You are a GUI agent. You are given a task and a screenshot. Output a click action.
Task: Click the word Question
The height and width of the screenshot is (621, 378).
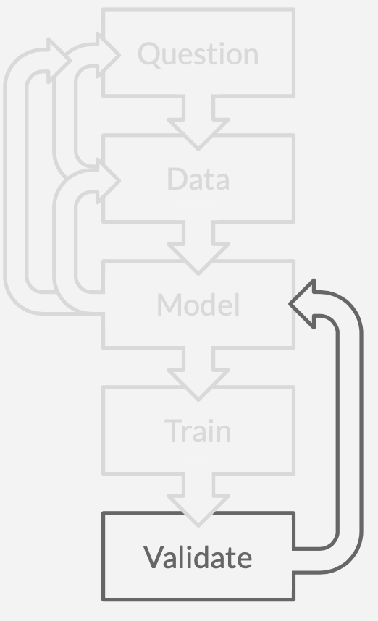[x=198, y=54]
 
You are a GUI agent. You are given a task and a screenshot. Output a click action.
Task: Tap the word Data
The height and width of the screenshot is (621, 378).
[x=198, y=179]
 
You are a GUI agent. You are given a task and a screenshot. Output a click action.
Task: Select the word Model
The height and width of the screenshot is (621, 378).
[x=198, y=305]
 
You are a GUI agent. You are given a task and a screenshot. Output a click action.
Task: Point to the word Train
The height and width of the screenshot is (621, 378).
[x=198, y=430]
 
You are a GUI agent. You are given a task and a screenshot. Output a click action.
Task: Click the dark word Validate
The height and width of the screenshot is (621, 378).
[x=198, y=557]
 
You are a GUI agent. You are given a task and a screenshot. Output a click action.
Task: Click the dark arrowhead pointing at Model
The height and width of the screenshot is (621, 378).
[x=303, y=304]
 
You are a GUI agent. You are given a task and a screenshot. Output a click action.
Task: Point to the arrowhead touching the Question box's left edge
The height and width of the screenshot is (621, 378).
[x=107, y=55]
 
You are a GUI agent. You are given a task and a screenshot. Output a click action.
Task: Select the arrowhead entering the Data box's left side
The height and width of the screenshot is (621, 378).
[x=107, y=180]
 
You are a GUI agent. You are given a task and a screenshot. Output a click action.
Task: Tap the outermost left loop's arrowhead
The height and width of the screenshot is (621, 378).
[x=59, y=60]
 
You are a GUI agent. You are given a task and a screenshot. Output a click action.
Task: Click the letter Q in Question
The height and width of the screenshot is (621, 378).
[x=149, y=54]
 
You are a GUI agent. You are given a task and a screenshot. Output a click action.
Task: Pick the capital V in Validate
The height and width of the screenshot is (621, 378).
[x=154, y=557]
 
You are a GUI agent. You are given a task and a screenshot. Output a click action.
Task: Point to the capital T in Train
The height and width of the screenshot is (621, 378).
[x=173, y=431]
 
